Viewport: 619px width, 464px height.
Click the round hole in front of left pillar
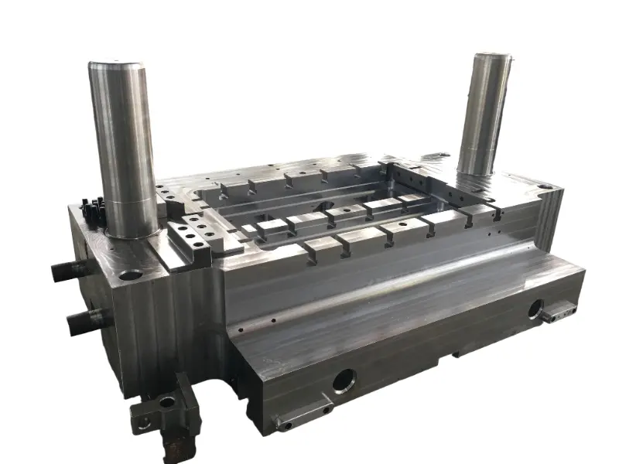(131, 274)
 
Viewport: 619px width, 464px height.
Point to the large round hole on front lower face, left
(344, 379)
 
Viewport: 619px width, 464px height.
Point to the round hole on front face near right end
(535, 309)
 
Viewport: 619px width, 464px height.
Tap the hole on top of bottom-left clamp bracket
(167, 401)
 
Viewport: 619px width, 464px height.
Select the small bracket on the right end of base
(559, 311)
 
